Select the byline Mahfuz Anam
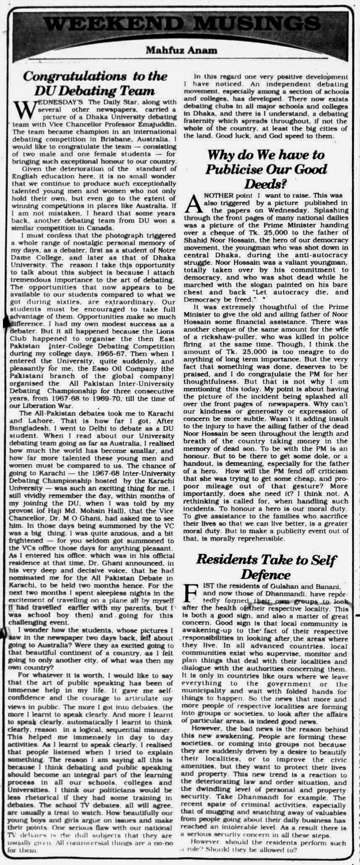pyautogui.click(x=181, y=50)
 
